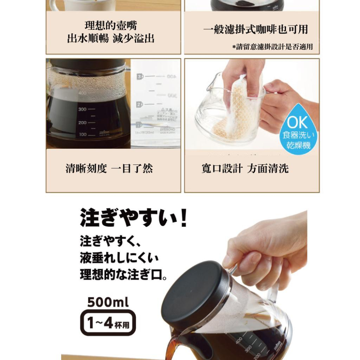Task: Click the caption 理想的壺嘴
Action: pyautogui.click(x=111, y=26)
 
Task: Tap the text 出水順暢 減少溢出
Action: pyautogui.click(x=111, y=39)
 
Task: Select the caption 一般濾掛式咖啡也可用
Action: pyautogui.click(x=255, y=30)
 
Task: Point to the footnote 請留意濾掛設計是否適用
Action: pyautogui.click(x=274, y=47)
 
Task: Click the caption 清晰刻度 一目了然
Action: pyautogui.click(x=109, y=168)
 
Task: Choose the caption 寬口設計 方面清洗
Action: pyautogui.click(x=245, y=168)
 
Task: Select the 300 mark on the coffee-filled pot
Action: pyautogui.click(x=83, y=109)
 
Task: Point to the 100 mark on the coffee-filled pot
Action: pyautogui.click(x=83, y=134)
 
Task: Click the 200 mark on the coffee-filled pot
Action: pyautogui.click(x=83, y=123)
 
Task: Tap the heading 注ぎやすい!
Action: pyautogui.click(x=133, y=218)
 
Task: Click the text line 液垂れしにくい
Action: pyautogui.click(x=119, y=258)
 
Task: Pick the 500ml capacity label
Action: pyautogui.click(x=108, y=302)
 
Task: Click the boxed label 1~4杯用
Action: pyautogui.click(x=108, y=323)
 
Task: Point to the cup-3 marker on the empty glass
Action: pyautogui.click(x=140, y=76)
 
